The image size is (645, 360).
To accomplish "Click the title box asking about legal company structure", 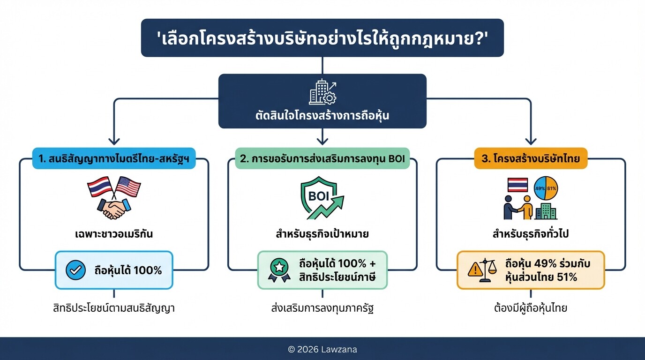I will [322, 37].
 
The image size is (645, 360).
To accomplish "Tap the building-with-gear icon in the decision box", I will [322, 92].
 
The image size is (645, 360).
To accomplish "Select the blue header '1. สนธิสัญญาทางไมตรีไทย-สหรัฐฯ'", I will [114, 158].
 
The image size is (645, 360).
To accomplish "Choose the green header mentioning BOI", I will [322, 158].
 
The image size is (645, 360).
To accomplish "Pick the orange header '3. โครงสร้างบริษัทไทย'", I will [531, 158].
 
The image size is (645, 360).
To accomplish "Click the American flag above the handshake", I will [128, 187].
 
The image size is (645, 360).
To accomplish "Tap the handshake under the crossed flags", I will [113, 208].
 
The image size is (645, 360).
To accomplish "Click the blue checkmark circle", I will [75, 270].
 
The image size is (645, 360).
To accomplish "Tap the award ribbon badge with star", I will [279, 270].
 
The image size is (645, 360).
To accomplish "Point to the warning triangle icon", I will [476, 270].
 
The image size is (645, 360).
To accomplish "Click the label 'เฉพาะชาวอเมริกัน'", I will [114, 233].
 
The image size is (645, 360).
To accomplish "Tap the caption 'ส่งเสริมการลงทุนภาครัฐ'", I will [322, 308].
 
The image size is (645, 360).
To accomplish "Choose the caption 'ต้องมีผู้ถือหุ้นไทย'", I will [531, 308].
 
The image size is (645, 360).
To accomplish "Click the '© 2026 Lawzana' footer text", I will [322, 349].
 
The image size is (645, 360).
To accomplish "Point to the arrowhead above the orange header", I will [531, 140].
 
